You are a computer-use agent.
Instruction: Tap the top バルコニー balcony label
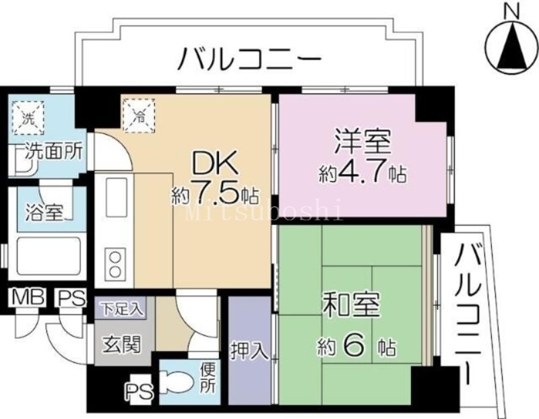249,61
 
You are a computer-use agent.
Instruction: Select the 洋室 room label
362,145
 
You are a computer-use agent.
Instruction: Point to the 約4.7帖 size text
362,173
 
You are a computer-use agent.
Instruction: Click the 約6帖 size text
357,347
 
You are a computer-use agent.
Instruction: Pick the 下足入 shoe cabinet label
122,310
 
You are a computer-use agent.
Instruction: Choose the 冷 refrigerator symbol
138,113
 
